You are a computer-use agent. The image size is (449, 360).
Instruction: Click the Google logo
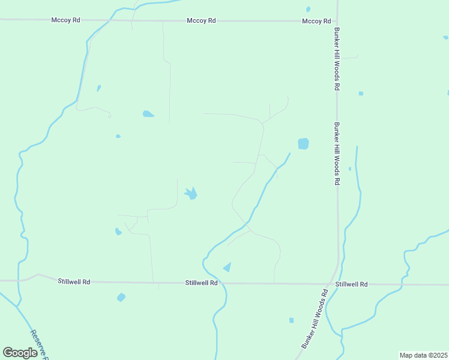20,353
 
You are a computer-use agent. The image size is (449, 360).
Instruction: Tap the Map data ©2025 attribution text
423,355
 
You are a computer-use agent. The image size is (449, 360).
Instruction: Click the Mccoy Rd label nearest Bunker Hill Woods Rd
316,21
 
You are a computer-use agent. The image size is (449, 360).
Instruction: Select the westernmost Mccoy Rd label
66,20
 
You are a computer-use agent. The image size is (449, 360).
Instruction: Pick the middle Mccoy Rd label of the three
201,20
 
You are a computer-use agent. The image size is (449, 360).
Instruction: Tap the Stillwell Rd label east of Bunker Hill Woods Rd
351,284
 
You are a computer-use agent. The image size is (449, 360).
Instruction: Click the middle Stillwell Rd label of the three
201,283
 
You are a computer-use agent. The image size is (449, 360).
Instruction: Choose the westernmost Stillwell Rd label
74,281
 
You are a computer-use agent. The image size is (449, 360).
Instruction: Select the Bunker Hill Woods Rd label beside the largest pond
337,154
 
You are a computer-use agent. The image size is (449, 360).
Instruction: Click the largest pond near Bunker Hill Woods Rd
303,144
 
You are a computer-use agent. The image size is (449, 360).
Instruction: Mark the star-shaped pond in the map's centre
191,194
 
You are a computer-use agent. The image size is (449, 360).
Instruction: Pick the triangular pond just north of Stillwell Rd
227,266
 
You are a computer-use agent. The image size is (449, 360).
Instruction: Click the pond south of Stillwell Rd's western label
121,297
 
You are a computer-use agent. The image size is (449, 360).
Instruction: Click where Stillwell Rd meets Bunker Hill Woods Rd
332,284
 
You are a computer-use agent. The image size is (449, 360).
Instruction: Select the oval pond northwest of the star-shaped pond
148,113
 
